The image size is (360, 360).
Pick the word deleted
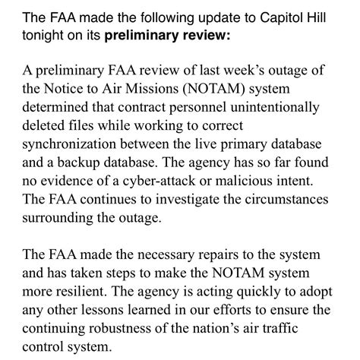pyautogui.click(x=44, y=129)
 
